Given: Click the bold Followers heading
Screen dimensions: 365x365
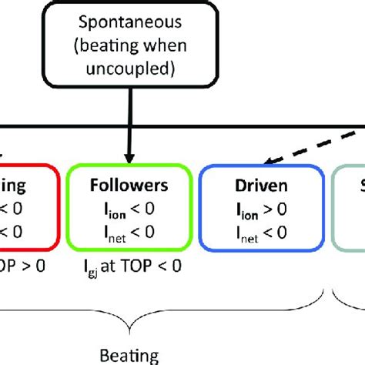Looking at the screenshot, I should pos(128,186).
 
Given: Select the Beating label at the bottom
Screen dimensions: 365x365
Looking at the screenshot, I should pos(129,356).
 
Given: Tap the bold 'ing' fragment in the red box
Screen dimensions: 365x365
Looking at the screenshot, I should pos(15,186).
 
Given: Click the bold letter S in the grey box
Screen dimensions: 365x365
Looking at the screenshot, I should pos(360,186).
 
